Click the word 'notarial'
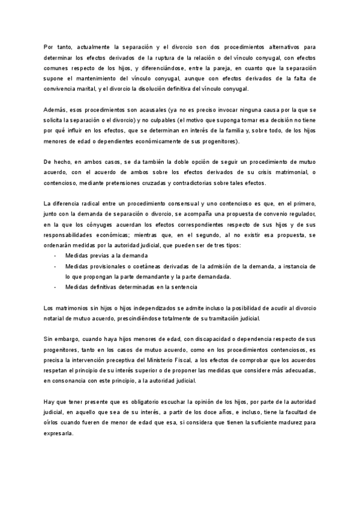click(x=58, y=319)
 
